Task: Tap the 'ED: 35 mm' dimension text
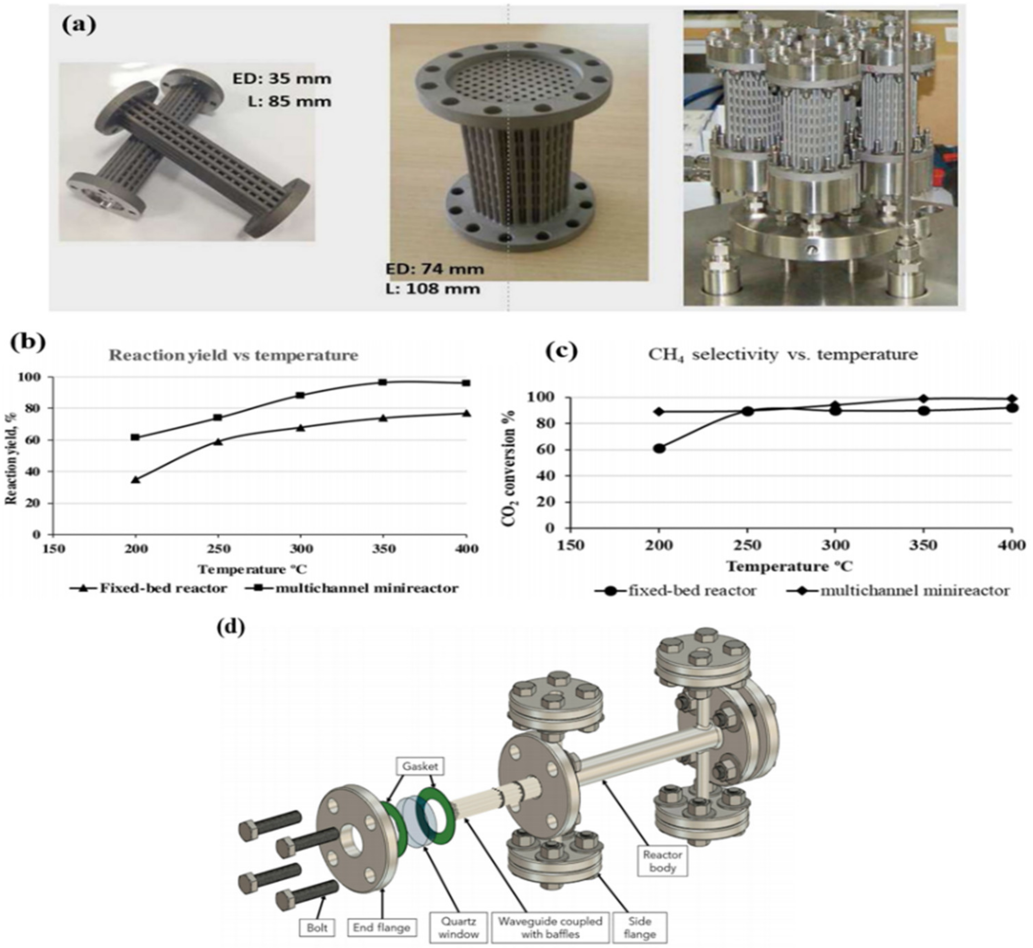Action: click(281, 79)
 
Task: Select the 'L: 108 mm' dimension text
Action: click(432, 289)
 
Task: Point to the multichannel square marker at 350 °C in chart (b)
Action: click(382, 382)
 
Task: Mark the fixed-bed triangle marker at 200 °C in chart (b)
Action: click(136, 480)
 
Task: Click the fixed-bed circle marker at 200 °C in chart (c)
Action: click(659, 448)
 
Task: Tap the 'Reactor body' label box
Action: click(662, 861)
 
